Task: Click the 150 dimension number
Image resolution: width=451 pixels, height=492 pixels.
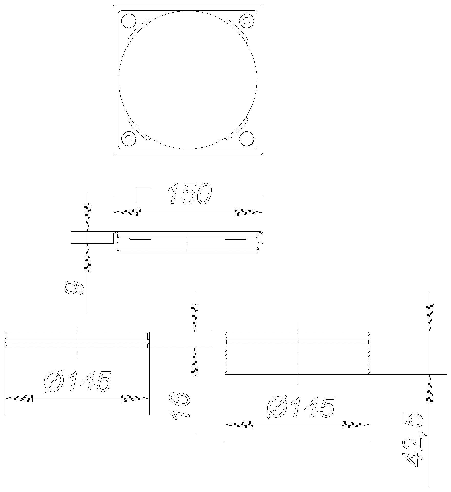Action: [x=190, y=194]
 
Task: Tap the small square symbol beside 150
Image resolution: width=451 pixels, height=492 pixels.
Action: [x=143, y=195]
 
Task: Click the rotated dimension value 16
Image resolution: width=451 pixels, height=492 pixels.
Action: [x=179, y=407]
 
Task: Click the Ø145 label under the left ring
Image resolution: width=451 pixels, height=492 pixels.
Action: [x=78, y=382]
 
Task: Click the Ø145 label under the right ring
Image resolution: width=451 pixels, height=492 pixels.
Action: [x=300, y=408]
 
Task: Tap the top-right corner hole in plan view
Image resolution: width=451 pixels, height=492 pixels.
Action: [x=247, y=20]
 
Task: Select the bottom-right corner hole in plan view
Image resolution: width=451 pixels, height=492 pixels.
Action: [x=247, y=139]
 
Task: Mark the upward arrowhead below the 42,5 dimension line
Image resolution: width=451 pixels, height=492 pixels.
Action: [x=430, y=388]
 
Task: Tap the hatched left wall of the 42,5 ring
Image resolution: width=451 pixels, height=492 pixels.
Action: [x=226, y=354]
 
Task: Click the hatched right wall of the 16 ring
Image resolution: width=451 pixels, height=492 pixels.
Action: [x=148, y=340]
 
